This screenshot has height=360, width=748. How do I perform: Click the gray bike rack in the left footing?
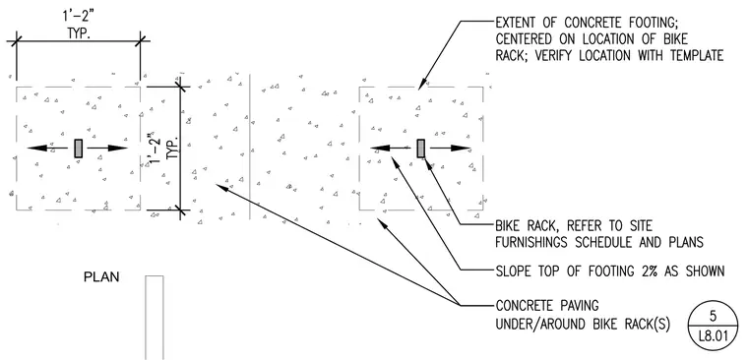(79, 149)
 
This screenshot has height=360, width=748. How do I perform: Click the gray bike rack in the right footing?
(421, 149)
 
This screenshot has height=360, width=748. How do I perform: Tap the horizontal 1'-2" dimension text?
(78, 17)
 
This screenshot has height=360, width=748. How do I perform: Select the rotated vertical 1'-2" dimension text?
(155, 150)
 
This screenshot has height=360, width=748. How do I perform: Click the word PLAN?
(101, 277)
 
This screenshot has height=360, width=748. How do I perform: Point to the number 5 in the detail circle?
(713, 316)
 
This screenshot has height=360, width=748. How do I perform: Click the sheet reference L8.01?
(714, 336)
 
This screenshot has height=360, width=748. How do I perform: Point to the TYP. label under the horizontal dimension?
(78, 34)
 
